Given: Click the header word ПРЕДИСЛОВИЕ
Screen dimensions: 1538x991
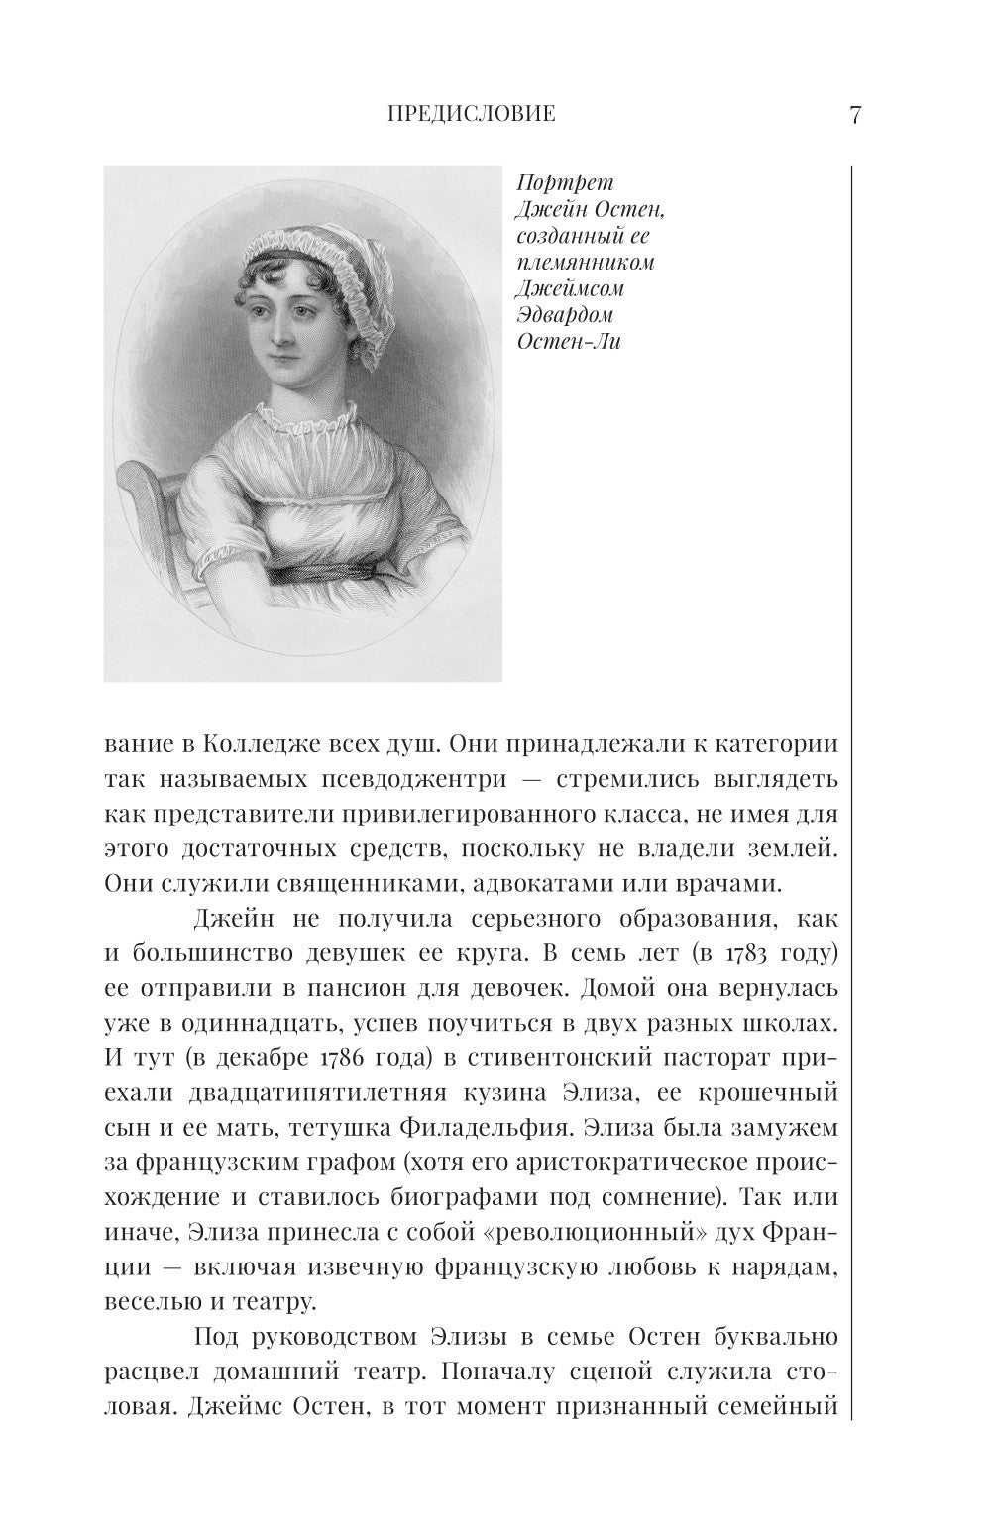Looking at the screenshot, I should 470,115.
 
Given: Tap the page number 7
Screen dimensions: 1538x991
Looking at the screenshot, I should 855,115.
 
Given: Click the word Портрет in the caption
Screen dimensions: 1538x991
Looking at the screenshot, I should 566,184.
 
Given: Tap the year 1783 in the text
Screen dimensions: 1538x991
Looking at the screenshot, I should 759,952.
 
